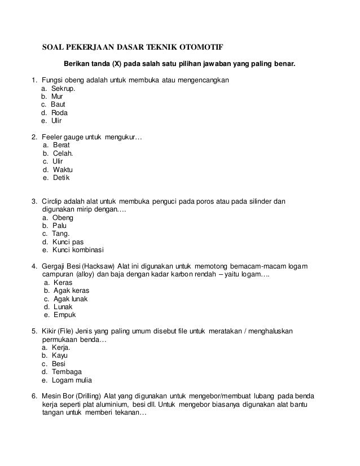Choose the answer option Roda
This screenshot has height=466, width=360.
click(59, 112)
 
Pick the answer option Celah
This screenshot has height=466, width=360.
click(63, 152)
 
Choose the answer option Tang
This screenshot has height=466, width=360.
click(61, 234)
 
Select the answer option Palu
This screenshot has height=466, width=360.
click(59, 226)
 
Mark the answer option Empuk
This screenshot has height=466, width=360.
click(64, 315)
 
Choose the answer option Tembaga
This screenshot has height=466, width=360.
click(67, 371)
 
